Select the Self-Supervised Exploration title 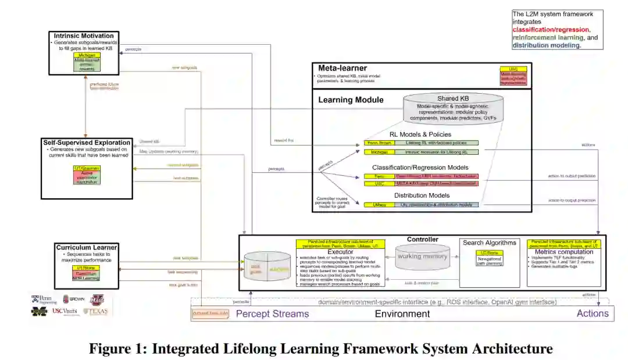coord(85,142)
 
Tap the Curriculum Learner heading coord(87,248)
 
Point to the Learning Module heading coord(351,99)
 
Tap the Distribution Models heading coord(422,195)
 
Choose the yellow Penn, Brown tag coord(379,142)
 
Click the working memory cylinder coord(423,256)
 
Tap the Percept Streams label coord(272,314)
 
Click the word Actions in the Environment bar coord(592,314)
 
